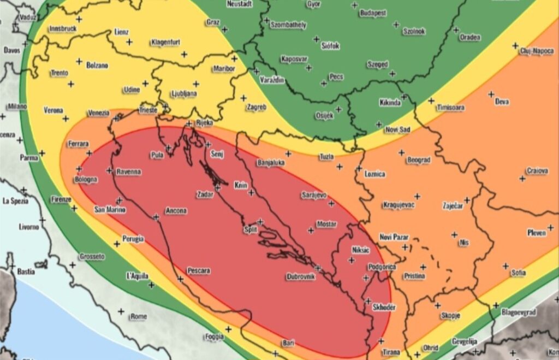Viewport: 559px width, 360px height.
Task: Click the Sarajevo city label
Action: [x=314, y=195]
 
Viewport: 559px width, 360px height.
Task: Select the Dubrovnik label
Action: [x=301, y=277]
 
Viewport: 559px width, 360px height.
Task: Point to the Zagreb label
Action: [x=257, y=108]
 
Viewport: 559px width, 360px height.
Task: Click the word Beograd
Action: [x=419, y=161]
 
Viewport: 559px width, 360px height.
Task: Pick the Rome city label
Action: [x=139, y=316]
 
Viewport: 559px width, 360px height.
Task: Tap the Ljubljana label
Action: [x=184, y=93]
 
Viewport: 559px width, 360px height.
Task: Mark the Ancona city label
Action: [x=176, y=211]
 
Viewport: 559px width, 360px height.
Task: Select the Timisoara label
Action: [x=450, y=108]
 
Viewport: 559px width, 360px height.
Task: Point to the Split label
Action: [x=250, y=230]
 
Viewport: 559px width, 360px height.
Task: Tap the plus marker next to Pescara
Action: [x=181, y=279]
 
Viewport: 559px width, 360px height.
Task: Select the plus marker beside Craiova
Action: [x=522, y=179]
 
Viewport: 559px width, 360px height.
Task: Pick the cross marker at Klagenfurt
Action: [x=184, y=54]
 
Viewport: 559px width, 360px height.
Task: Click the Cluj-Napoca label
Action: [x=537, y=51]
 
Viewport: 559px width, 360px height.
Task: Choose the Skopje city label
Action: [x=450, y=316]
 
